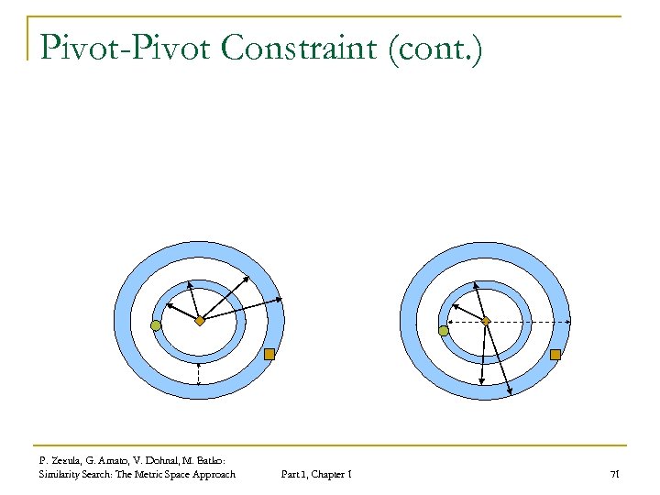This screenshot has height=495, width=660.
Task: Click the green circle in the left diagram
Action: pyautogui.click(x=156, y=325)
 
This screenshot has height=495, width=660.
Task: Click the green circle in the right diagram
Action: pyautogui.click(x=444, y=330)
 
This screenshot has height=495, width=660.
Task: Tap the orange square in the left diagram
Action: pyautogui.click(x=269, y=354)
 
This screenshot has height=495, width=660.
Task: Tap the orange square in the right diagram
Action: pyautogui.click(x=555, y=354)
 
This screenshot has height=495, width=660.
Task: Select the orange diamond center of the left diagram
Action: pyautogui.click(x=200, y=321)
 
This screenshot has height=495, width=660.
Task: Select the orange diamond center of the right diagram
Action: pyautogui.click(x=487, y=321)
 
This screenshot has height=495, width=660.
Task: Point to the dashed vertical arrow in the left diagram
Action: pyautogui.click(x=199, y=373)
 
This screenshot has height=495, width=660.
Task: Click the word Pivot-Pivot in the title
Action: pyautogui.click(x=125, y=48)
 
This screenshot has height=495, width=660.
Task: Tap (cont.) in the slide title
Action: pyautogui.click(x=434, y=48)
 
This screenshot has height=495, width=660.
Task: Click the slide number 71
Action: pyautogui.click(x=615, y=474)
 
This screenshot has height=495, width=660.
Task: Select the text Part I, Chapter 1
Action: pyautogui.click(x=317, y=474)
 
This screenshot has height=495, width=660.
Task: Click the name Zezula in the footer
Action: pyautogui.click(x=65, y=460)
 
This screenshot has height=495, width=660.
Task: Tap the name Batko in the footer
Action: pyautogui.click(x=213, y=460)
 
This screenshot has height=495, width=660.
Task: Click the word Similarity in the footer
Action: pyautogui.click(x=60, y=474)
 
